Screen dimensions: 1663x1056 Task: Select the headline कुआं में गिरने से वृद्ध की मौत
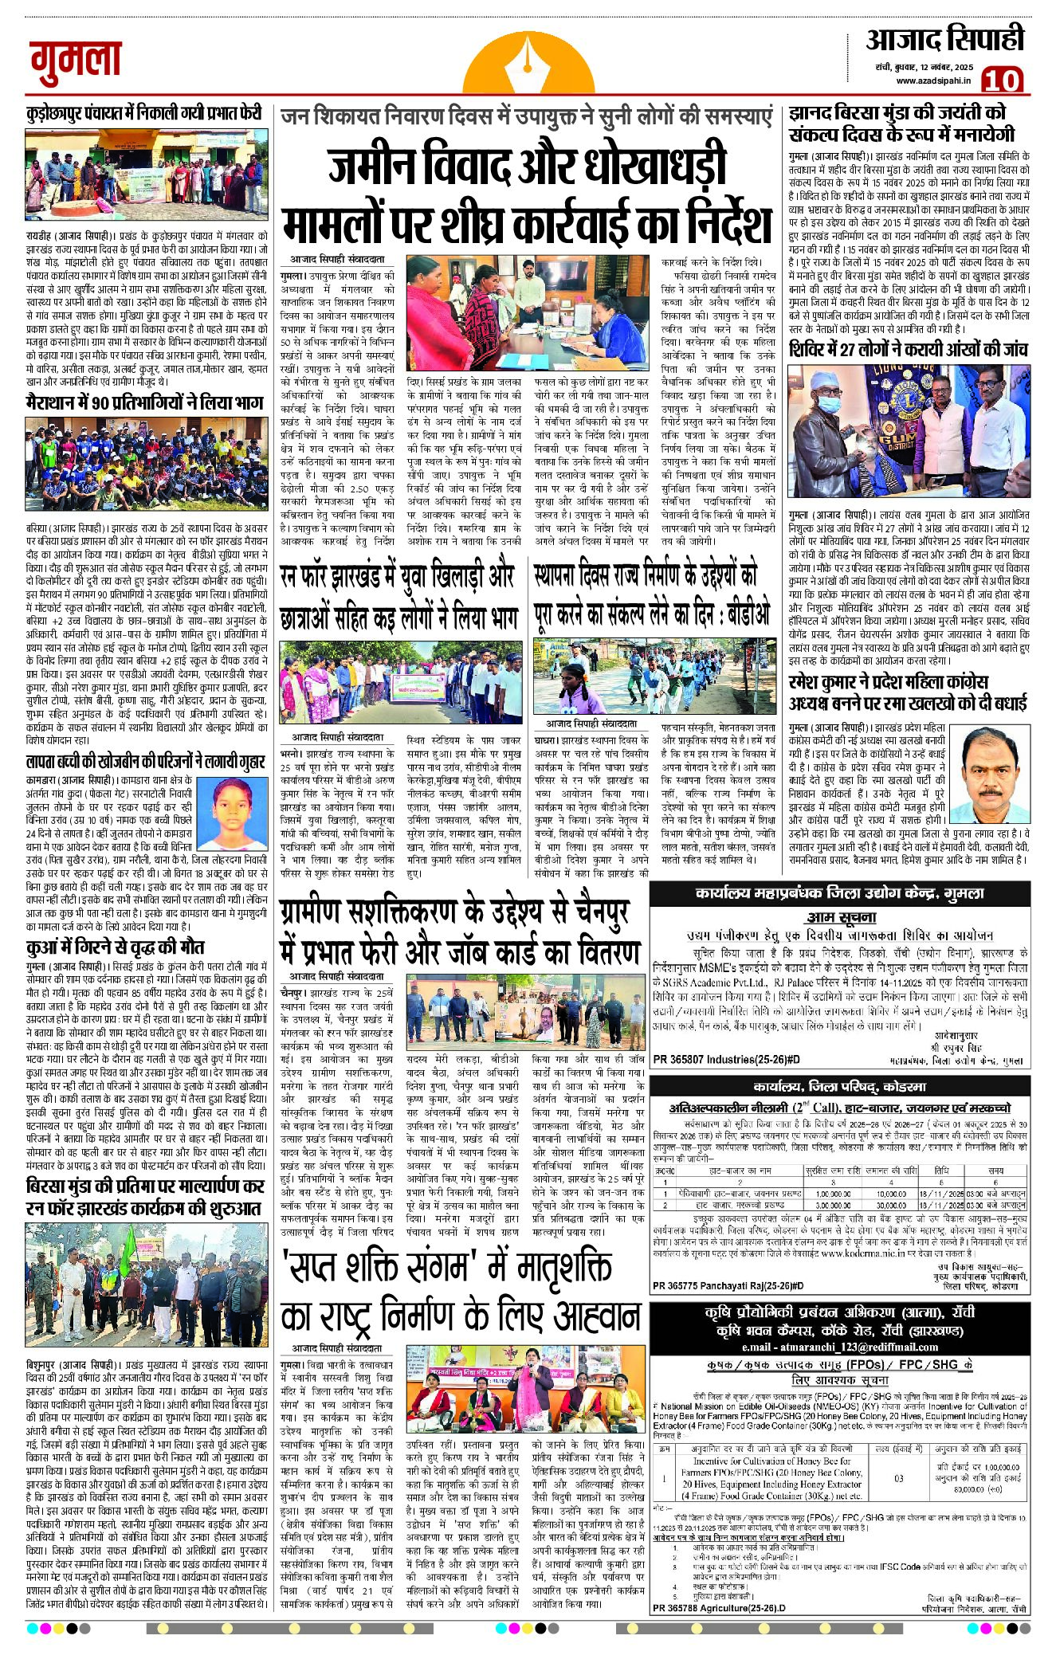coord(116,947)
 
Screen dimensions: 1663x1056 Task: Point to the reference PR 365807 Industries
coord(726,1059)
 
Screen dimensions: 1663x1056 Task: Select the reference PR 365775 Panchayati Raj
coord(728,1285)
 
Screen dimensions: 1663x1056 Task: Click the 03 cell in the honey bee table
coord(898,1478)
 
